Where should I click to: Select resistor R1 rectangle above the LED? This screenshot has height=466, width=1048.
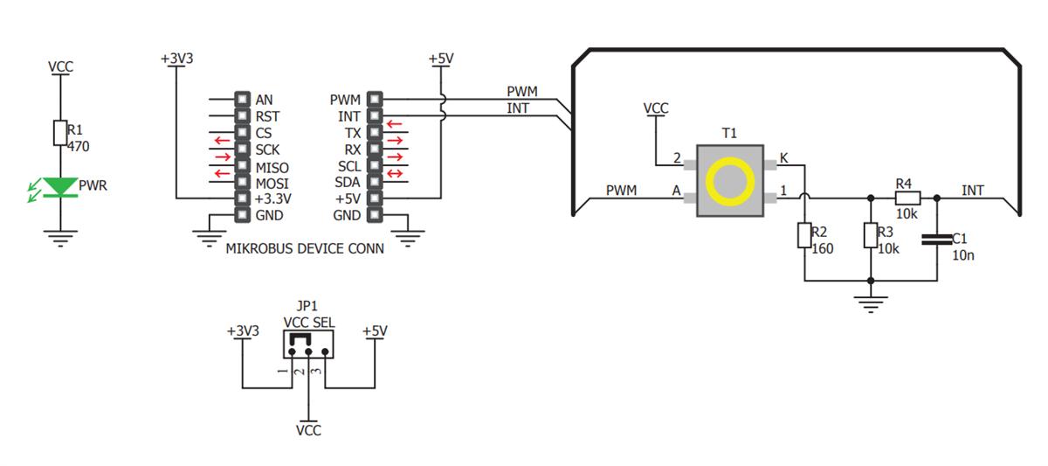pyautogui.click(x=60, y=132)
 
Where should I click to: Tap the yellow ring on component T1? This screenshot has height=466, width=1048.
pyautogui.click(x=729, y=182)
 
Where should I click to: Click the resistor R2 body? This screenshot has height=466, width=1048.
pyautogui.click(x=804, y=236)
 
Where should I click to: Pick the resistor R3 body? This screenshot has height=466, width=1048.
pyautogui.click(x=870, y=236)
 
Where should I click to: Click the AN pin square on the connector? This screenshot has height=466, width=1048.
pyautogui.click(x=242, y=100)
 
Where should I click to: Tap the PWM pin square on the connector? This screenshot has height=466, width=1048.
pyautogui.click(x=376, y=100)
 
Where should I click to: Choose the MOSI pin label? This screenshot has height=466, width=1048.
pyautogui.click(x=272, y=183)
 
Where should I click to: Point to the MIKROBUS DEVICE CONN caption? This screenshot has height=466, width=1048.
pyautogui.click(x=305, y=248)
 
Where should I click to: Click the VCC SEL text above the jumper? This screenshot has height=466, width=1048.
pyautogui.click(x=308, y=322)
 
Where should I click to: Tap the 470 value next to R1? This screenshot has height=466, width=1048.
pyautogui.click(x=79, y=147)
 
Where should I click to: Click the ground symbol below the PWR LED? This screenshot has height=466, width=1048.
pyautogui.click(x=59, y=240)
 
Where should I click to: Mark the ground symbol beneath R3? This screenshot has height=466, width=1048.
pyautogui.click(x=870, y=305)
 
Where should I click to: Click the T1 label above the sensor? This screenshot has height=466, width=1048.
pyautogui.click(x=729, y=133)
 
